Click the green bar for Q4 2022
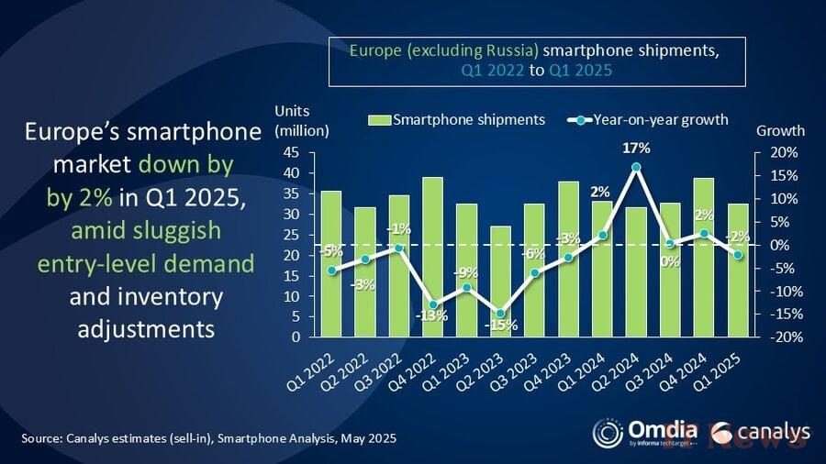click(431, 257)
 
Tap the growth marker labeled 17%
click(635, 168)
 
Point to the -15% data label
click(501, 325)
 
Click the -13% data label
click(430, 316)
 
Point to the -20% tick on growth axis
click(787, 337)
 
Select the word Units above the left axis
click(293, 111)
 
